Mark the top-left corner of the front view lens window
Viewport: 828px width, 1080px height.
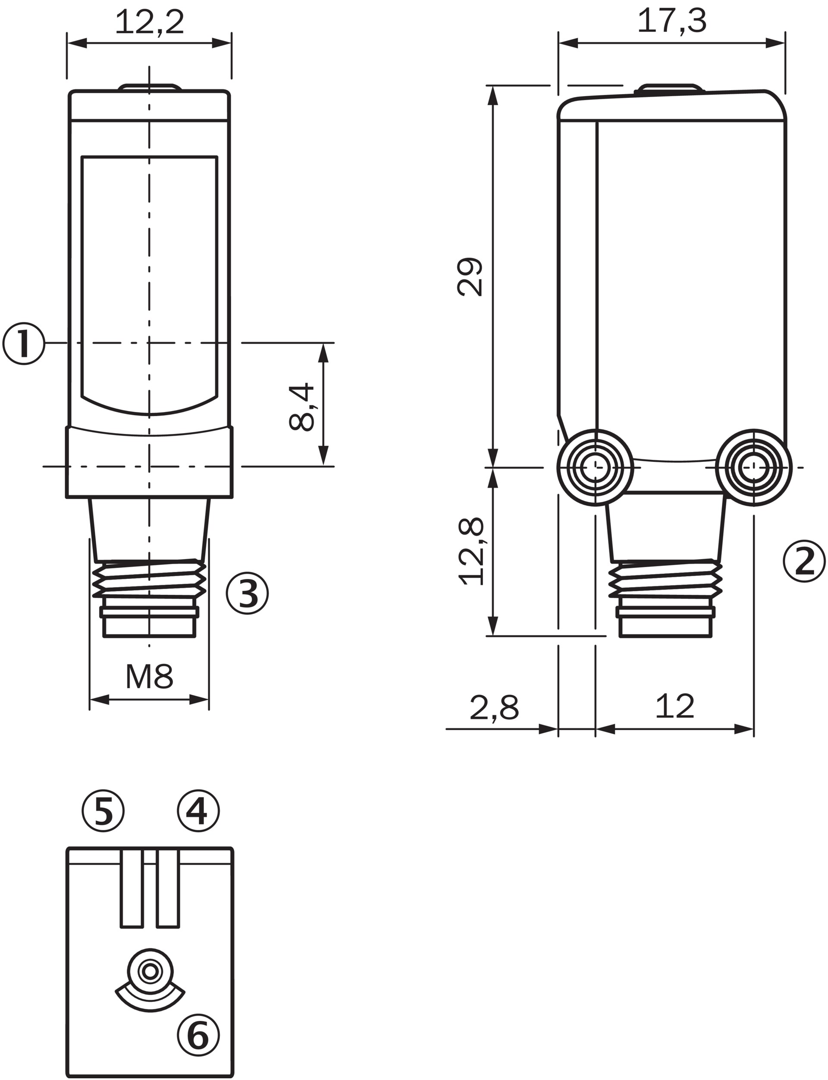coord(82,157)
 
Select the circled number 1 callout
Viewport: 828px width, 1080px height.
coord(24,344)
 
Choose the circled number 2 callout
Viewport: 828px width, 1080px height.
coord(804,561)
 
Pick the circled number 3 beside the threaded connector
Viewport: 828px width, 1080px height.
coord(248,593)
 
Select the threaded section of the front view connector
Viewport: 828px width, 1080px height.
coord(149,579)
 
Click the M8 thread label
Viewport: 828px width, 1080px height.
coord(149,677)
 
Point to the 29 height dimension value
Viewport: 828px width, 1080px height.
coord(470,277)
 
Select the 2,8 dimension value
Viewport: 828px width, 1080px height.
coord(494,708)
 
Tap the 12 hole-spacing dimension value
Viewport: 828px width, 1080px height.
coord(675,706)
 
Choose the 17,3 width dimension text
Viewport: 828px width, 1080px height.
coord(672,21)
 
